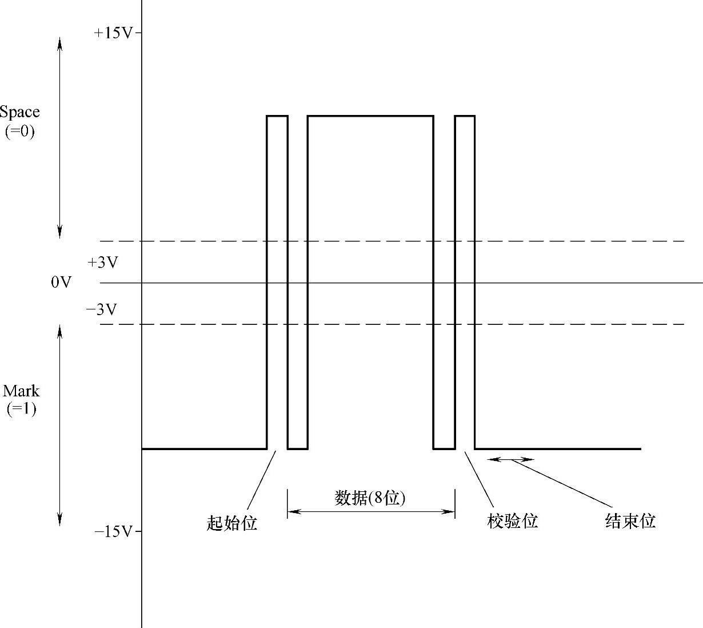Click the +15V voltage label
[113, 33]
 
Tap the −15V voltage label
[113, 532]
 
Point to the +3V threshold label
[102, 263]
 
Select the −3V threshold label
[102, 310]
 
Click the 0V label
[61, 282]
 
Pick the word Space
[20, 112]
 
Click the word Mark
[21, 391]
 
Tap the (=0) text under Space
[20, 132]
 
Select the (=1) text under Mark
[21, 409]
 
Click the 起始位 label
[231, 522]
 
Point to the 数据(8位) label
[370, 498]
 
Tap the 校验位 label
[513, 521]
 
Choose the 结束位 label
[630, 521]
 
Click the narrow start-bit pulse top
[277, 116]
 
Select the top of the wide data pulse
[370, 116]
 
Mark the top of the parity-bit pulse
[465, 116]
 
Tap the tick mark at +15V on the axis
[138, 33]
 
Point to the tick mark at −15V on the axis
[138, 532]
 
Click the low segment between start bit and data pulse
[298, 449]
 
